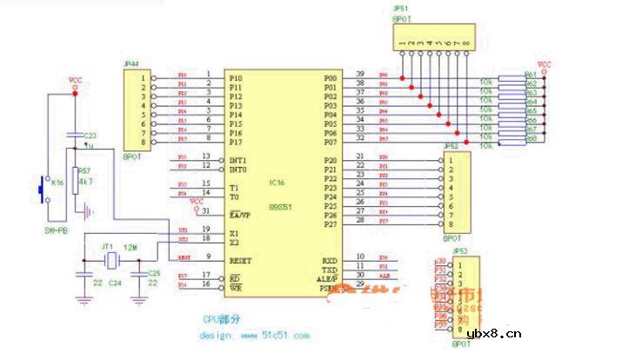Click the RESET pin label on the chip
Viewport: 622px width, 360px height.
click(241, 258)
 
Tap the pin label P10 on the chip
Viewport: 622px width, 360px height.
click(235, 78)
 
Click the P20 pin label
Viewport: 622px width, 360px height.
click(331, 161)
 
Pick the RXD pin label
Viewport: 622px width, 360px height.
click(330, 258)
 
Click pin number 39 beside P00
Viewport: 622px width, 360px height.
click(359, 73)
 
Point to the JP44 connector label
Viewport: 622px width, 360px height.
click(136, 63)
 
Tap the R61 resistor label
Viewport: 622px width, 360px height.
click(530, 76)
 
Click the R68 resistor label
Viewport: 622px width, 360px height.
click(530, 139)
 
